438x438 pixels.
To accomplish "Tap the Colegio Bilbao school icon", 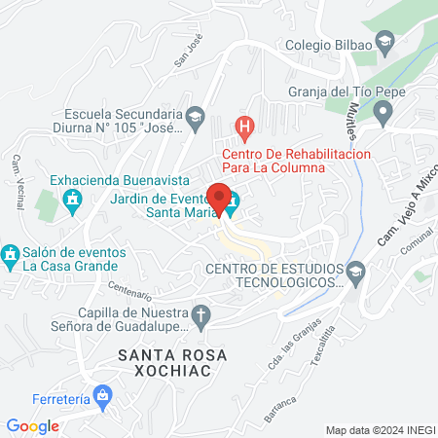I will (x=385, y=42).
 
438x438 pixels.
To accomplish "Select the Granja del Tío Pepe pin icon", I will (x=384, y=114).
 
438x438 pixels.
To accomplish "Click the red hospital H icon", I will (x=245, y=127).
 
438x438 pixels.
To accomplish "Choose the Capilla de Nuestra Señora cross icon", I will (x=201, y=314).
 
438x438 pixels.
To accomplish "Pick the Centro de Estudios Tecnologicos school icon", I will (x=355, y=270).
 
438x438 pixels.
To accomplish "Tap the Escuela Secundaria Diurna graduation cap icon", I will (x=195, y=118).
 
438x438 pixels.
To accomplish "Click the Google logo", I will (x=32, y=426).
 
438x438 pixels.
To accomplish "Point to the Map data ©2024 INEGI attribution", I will (x=379, y=429).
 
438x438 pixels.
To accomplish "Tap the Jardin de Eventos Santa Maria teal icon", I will (x=233, y=208).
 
